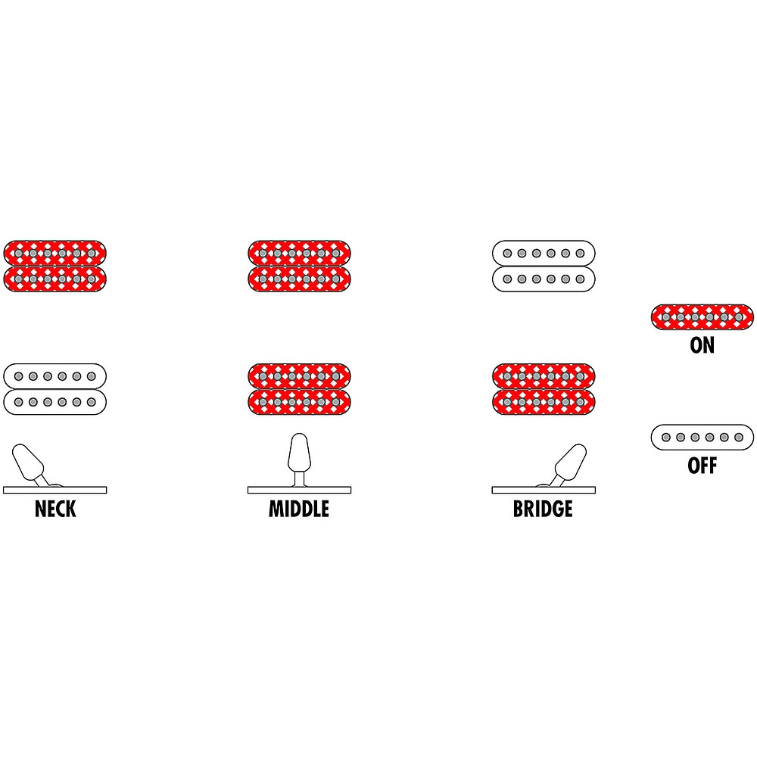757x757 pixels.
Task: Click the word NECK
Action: tap(55, 509)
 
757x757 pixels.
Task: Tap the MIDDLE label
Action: tap(299, 509)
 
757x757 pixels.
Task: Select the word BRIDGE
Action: tap(543, 509)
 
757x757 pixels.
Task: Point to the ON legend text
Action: tap(702, 345)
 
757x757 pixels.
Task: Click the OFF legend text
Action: tap(702, 466)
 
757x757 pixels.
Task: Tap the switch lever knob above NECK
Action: tap(27, 462)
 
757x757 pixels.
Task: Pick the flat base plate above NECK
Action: tap(55, 490)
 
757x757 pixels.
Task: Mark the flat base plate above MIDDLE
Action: tap(299, 490)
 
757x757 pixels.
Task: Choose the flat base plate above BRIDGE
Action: tap(544, 490)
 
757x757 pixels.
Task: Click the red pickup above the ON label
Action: tap(702, 317)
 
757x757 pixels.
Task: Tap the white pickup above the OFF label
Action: tap(702, 438)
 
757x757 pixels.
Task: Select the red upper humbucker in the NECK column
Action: tap(55, 266)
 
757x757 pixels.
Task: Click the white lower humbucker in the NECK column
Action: tap(55, 389)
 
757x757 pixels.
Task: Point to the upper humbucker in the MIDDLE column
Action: tap(299, 266)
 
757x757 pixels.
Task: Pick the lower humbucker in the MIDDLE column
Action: tap(299, 389)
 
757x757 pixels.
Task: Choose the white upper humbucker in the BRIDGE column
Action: tap(544, 266)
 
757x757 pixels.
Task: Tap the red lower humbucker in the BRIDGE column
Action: tap(544, 389)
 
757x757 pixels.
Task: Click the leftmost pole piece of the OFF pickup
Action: tap(665, 438)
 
